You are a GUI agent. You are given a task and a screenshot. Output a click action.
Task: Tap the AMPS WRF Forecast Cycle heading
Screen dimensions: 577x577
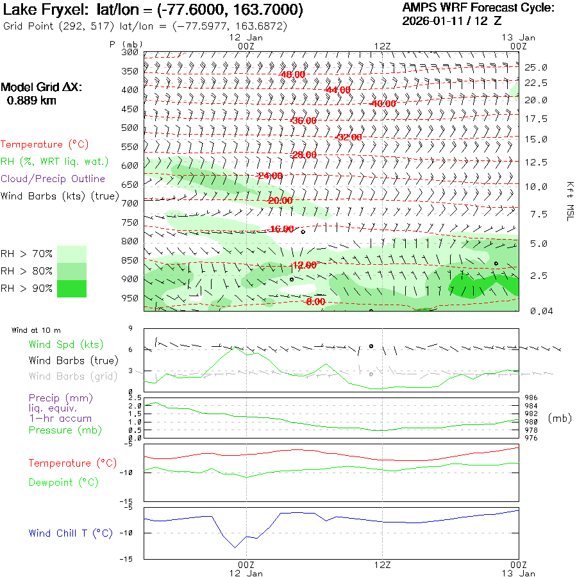coord(478,8)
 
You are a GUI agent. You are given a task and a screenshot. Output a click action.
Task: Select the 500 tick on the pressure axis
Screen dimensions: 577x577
coord(130,128)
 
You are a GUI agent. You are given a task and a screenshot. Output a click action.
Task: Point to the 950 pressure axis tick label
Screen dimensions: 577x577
coord(130,298)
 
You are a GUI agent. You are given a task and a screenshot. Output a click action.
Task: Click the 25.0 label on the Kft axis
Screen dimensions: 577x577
coord(535,67)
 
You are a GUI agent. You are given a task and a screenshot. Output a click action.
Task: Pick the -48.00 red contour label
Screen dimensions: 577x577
coord(292,74)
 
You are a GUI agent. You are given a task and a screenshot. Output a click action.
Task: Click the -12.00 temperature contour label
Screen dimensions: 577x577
coord(304,265)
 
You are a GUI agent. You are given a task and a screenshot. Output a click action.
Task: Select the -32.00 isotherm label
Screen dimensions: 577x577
coord(349,137)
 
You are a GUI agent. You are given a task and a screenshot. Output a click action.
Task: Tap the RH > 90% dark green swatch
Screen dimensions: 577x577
coord(72,288)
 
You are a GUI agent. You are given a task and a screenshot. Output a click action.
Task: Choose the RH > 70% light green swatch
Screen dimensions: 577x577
coord(72,254)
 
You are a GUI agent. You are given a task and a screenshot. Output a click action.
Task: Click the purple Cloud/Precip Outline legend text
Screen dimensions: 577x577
coord(53,179)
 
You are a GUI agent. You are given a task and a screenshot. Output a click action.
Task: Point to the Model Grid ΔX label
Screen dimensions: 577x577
coord(42,88)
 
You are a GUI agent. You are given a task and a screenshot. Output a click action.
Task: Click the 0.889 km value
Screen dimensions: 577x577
coord(31,101)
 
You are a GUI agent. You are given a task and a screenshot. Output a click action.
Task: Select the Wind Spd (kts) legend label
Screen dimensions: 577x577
coord(66,345)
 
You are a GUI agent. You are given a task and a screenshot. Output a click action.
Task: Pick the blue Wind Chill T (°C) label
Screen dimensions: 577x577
coord(71,533)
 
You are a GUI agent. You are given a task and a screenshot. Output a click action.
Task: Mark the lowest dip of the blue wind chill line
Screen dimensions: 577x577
coord(235,548)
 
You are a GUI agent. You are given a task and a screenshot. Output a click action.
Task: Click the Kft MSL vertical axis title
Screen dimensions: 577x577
coord(569,201)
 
